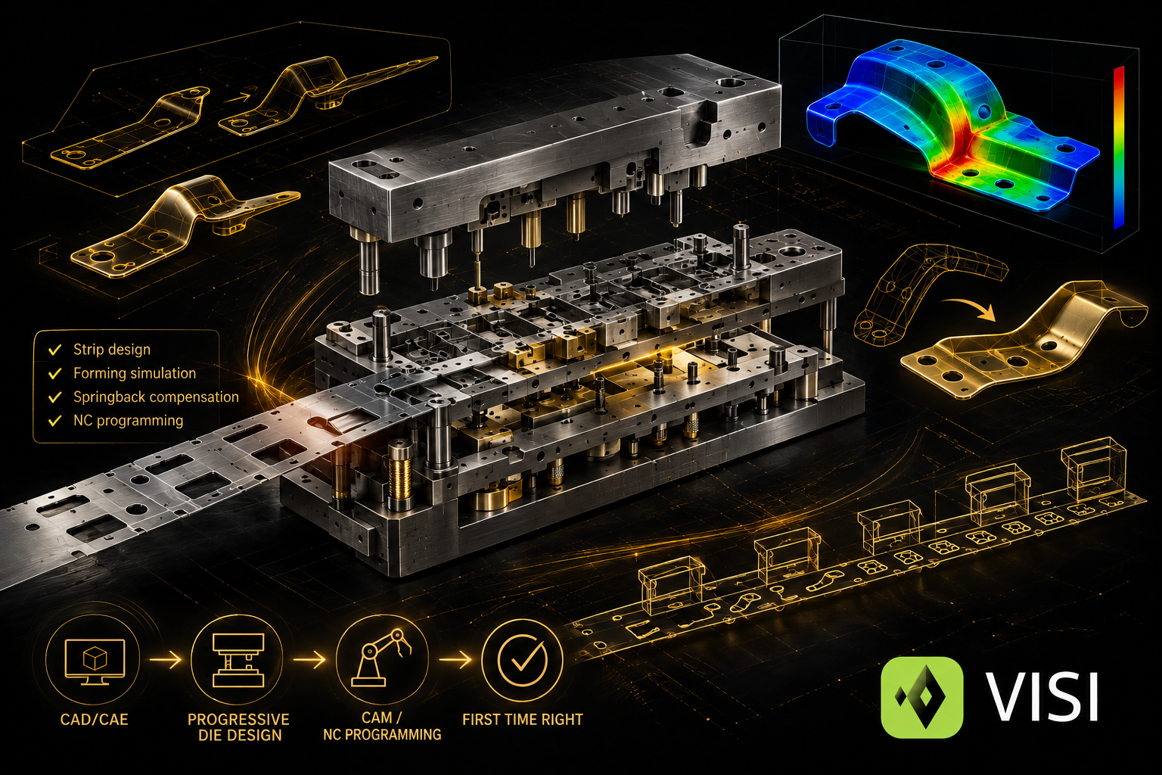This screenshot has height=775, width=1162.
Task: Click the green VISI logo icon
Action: pos(922,697)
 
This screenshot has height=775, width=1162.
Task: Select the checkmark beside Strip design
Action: pos(55,350)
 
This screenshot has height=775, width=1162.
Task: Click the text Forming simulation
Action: pos(135,373)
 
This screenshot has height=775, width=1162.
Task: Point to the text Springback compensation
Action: pos(156,397)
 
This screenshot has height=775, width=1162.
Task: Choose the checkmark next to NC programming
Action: pos(55,421)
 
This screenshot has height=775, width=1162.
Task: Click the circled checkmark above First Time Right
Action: pos(522,660)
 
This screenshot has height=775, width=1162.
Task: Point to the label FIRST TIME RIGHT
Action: pos(523,720)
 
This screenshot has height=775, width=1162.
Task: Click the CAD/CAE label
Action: pos(94,720)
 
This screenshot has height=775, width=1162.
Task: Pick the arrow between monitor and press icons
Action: pos(166,660)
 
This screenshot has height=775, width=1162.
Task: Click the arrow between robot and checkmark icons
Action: pos(455,660)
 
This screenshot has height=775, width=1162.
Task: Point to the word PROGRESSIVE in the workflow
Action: pos(238,720)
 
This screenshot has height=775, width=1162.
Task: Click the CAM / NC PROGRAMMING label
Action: pos(382,727)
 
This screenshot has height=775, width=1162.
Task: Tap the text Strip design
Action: pos(112,350)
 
